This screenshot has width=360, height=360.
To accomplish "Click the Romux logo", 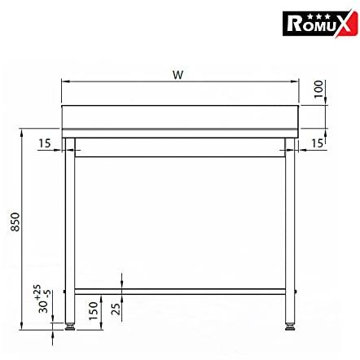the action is [x=320, y=24].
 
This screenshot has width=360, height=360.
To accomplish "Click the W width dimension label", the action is [x=178, y=75].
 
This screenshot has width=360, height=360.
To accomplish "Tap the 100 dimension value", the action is [x=318, y=90].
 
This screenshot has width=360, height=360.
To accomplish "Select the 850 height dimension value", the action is [x=15, y=222].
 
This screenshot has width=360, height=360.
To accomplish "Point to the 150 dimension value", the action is [x=93, y=310].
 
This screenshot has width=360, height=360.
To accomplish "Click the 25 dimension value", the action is [x=116, y=309].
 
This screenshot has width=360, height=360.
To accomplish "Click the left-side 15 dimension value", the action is [x=45, y=143].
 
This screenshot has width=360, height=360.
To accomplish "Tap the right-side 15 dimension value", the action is [x=317, y=143].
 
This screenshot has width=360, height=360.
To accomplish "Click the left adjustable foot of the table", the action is [x=70, y=326].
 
